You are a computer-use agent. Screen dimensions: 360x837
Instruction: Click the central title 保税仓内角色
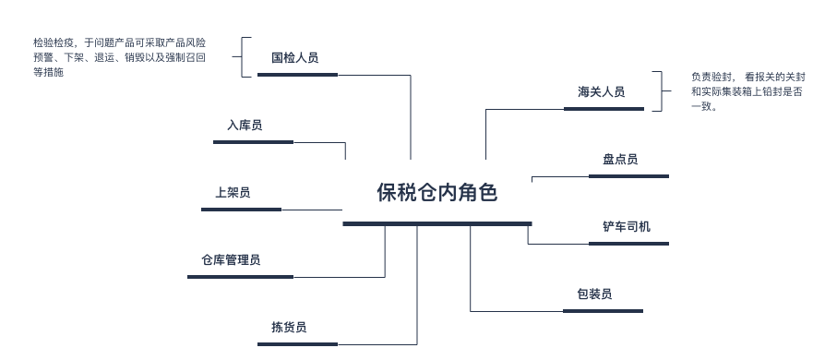pos(436,192)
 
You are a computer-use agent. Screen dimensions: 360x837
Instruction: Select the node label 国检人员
pos(294,58)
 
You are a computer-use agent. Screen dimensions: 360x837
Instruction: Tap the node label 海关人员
pos(601,92)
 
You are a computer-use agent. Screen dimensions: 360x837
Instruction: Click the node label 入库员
pos(244,126)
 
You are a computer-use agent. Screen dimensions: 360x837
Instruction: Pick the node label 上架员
pos(233,193)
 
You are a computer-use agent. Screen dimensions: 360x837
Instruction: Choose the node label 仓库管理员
pos(231,260)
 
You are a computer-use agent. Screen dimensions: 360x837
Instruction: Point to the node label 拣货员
pos(289,328)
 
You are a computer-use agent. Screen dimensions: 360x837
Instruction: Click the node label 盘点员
pos(620,160)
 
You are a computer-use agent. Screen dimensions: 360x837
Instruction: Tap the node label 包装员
pos(594,294)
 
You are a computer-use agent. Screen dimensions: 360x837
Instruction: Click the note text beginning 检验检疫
pos(119,57)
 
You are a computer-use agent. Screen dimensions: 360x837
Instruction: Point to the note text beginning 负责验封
pos(747,91)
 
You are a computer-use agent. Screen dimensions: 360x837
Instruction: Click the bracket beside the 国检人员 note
pos(245,57)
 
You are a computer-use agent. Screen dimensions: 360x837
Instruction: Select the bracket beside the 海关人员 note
pos(659,91)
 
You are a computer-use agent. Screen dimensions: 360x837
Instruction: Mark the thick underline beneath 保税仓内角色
pos(436,223)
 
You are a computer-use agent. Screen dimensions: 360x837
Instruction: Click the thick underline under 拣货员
pos(297,344)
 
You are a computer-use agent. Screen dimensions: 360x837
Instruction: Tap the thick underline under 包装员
pos(603,311)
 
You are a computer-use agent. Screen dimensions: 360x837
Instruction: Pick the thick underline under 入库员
pos(253,142)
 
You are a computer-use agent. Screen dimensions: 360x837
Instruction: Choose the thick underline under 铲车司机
pos(628,244)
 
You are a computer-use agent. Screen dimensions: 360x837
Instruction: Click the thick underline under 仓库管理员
pos(240,277)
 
